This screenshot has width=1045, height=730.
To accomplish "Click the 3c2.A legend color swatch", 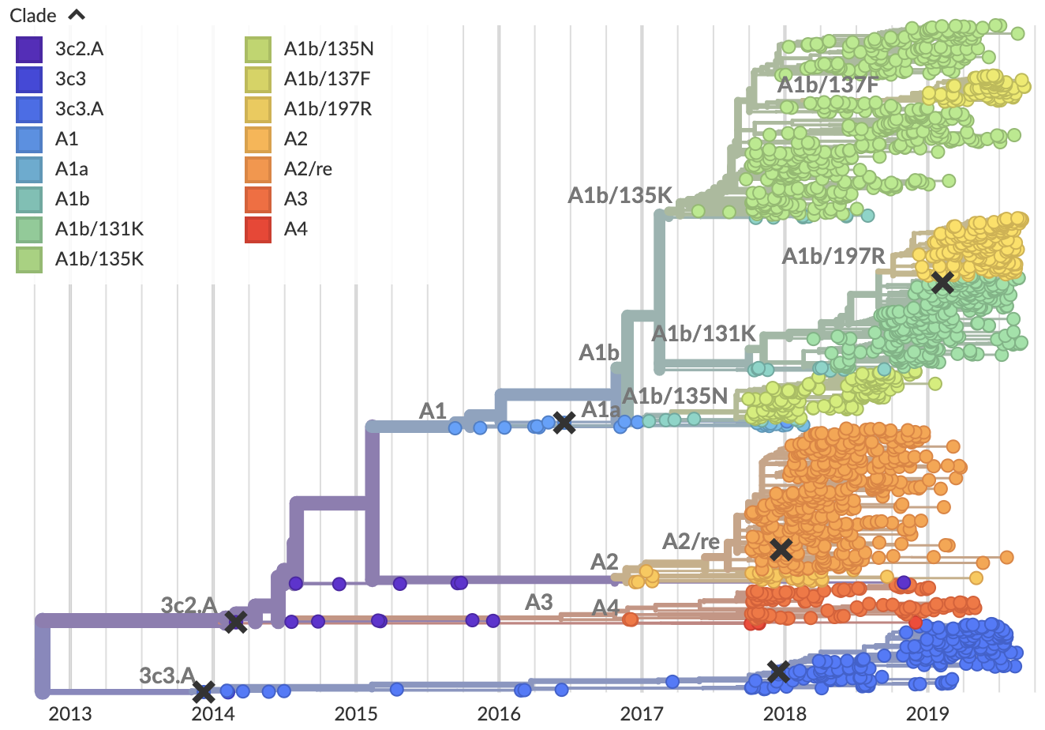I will click(29, 49).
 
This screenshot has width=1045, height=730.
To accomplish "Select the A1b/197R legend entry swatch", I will click(258, 109).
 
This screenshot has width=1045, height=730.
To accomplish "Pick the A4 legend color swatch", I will click(258, 229).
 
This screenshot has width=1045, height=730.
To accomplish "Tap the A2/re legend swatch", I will click(258, 169).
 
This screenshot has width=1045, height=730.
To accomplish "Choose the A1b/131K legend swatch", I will click(29, 229).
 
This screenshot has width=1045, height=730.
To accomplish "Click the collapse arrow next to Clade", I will click(77, 15).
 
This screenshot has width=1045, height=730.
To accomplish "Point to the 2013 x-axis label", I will click(69, 714).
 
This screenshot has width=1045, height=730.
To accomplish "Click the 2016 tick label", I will click(499, 714).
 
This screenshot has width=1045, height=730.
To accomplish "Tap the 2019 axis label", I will click(927, 714).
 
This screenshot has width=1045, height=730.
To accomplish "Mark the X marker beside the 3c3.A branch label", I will click(204, 693).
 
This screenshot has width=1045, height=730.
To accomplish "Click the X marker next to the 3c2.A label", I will click(235, 622).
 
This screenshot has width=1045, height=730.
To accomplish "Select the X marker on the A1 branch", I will click(564, 423).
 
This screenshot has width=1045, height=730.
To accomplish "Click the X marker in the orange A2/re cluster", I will click(781, 549).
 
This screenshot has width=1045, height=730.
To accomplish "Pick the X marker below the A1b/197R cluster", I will click(942, 282).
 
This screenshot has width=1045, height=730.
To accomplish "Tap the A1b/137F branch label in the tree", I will click(827, 85).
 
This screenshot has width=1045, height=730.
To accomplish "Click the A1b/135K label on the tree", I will click(620, 195).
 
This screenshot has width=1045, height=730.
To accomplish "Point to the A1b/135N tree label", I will click(675, 396).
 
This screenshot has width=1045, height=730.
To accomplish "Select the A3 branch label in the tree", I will click(539, 602).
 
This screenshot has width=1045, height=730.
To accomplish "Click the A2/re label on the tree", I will click(691, 541).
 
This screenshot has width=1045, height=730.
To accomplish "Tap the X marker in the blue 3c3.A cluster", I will click(778, 672).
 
